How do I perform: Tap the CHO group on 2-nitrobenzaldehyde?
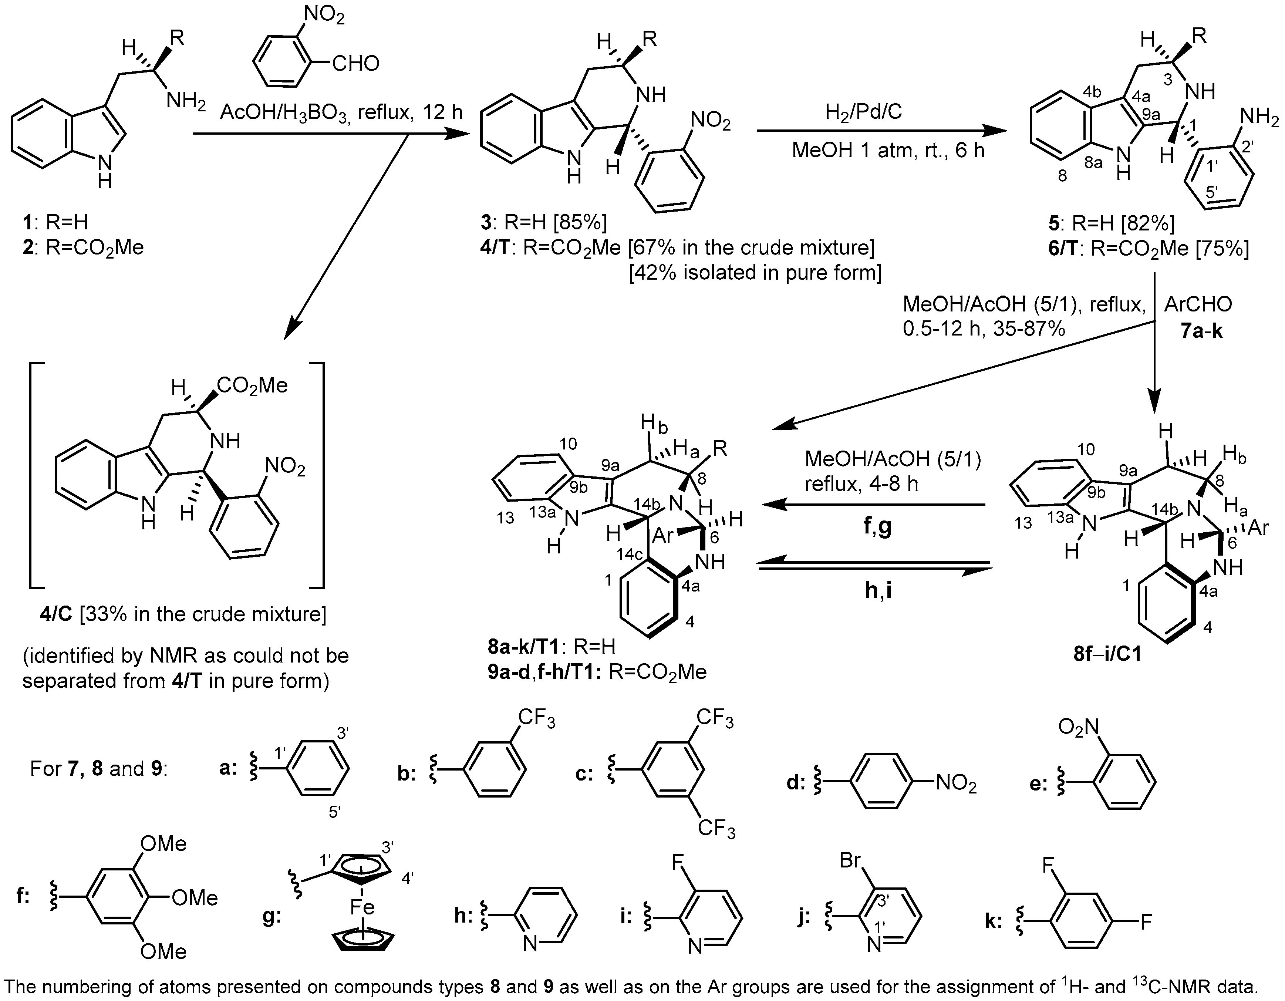click(355, 64)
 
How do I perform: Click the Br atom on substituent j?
click(851, 860)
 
